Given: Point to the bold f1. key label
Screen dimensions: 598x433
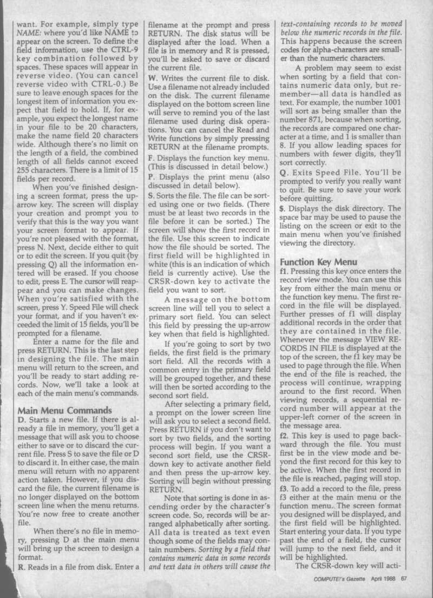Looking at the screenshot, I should click(x=284, y=271).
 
